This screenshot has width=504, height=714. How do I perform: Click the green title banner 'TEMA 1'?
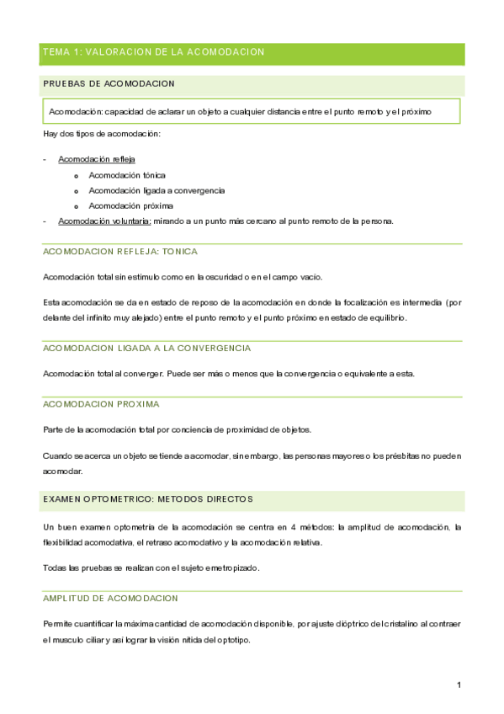tap(153, 53)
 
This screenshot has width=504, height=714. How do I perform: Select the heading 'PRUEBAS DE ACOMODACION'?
tap(109, 83)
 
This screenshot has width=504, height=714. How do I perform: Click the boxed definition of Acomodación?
tap(251, 111)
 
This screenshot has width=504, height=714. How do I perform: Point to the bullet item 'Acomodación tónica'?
tap(127, 175)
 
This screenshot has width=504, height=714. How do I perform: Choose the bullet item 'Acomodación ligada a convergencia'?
tap(157, 190)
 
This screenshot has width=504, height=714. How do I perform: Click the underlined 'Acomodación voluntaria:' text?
tap(104, 221)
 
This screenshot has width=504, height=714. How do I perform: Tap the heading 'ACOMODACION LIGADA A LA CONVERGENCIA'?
tap(146, 348)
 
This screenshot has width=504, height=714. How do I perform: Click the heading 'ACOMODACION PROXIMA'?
tap(100, 404)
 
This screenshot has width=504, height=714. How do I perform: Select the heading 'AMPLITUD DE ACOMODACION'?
tap(110, 598)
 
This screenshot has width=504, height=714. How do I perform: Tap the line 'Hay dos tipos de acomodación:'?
tap(101, 135)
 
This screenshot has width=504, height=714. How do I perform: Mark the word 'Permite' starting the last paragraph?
tap(57, 624)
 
